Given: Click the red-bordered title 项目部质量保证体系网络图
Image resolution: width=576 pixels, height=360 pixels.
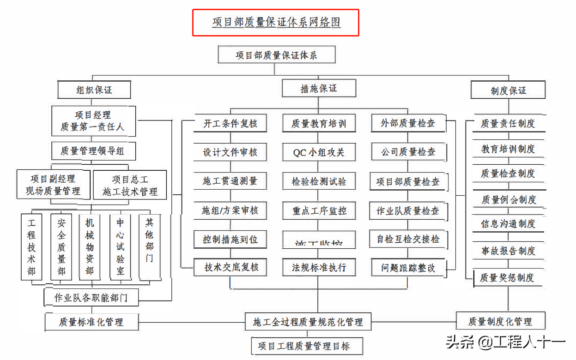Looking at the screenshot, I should pyautogui.click(x=276, y=22).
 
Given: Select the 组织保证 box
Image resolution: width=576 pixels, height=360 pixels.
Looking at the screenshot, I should pyautogui.click(x=94, y=90).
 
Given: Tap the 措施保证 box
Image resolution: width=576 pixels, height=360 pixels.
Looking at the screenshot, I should pyautogui.click(x=319, y=88).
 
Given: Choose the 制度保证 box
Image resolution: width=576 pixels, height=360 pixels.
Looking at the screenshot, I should pyautogui.click(x=508, y=90).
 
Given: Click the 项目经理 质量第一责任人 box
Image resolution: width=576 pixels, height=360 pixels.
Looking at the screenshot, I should pyautogui.click(x=93, y=121).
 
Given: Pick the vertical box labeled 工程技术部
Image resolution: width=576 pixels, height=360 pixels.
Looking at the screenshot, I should pyautogui.click(x=31, y=247).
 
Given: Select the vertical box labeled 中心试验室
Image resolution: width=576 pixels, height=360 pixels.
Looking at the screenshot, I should pyautogui.click(x=120, y=247).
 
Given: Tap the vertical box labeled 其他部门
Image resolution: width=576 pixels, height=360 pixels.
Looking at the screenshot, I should pyautogui.click(x=150, y=247).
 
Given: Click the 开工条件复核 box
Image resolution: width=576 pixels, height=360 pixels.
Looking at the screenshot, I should pyautogui.click(x=230, y=124).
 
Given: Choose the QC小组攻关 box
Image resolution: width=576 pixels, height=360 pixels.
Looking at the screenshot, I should pyautogui.click(x=319, y=152).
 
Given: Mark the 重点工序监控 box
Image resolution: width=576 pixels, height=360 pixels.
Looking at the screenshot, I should pyautogui.click(x=319, y=211).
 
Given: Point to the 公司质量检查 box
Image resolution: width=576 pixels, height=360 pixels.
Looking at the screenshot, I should pyautogui.click(x=408, y=152).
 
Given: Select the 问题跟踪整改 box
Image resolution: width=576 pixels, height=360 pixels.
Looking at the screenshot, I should pyautogui.click(x=408, y=268).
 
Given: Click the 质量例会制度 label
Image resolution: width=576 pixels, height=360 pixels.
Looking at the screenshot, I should pyautogui.click(x=509, y=199).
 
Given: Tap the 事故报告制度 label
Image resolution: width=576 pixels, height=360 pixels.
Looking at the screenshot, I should pyautogui.click(x=509, y=251).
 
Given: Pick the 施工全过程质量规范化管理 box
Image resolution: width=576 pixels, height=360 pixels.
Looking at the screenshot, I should pyautogui.click(x=308, y=322).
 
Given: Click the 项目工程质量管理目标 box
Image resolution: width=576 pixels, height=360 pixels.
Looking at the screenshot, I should pyautogui.click(x=307, y=346).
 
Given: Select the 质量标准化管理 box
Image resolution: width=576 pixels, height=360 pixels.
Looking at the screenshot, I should pyautogui.click(x=91, y=322).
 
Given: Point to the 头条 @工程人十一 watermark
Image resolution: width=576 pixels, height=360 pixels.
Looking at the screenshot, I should pyautogui.click(x=505, y=342).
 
